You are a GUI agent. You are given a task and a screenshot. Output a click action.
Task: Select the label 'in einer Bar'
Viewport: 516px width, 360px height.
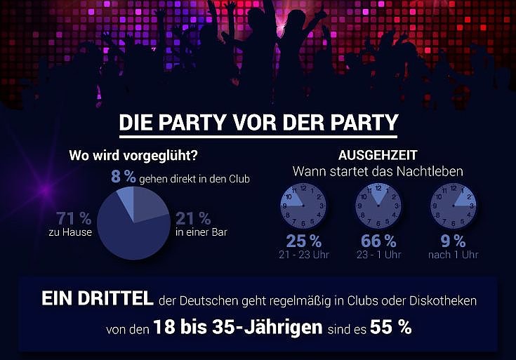point(204,232)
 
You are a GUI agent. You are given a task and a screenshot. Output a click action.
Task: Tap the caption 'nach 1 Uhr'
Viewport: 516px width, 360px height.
point(453,255)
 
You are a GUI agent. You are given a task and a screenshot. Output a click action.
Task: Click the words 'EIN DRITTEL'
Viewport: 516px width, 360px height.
point(97,300)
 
